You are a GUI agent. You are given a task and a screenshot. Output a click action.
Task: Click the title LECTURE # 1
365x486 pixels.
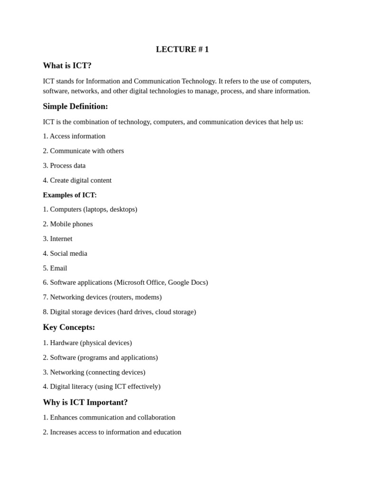182,49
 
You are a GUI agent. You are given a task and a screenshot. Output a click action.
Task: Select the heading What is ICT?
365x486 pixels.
67,65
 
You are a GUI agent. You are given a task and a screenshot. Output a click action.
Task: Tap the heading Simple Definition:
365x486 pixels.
75,106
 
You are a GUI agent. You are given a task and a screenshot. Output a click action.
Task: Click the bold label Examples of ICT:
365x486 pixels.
69,195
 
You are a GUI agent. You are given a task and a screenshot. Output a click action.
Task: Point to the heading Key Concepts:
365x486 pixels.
69,327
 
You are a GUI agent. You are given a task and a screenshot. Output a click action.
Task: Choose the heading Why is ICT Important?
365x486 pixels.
85,402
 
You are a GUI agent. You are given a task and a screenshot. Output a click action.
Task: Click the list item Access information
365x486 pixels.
77,136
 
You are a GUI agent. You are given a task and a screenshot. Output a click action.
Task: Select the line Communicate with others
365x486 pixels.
86,151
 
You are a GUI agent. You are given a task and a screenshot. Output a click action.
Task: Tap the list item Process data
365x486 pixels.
67,166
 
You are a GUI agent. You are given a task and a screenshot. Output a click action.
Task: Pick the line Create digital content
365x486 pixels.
80,180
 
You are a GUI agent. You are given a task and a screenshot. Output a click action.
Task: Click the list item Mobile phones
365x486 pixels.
71,224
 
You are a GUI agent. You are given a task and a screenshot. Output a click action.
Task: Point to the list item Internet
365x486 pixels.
61,239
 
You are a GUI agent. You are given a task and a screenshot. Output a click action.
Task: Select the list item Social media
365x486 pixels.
68,253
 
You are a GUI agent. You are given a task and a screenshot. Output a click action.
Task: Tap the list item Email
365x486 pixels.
58,268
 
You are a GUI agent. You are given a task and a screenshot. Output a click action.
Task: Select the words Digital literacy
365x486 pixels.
71,386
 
